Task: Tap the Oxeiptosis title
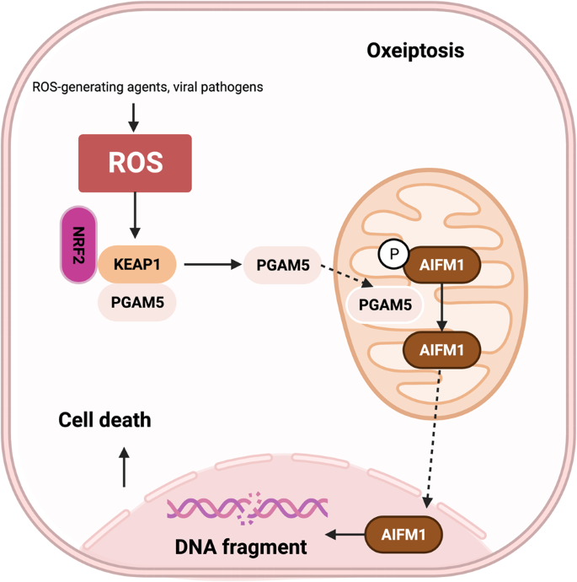click(x=415, y=51)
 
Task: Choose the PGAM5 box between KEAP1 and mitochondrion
click(x=282, y=267)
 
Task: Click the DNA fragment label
click(x=240, y=547)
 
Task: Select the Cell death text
click(x=104, y=418)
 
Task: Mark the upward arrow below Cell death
click(x=125, y=466)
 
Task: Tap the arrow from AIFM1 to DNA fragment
click(x=345, y=535)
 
